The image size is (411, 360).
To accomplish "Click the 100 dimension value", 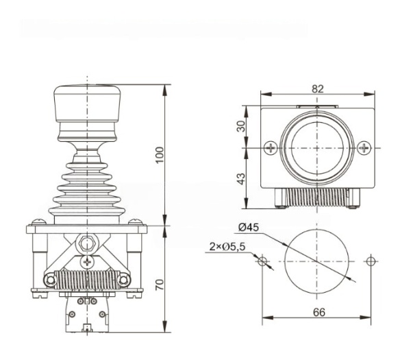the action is click(x=160, y=155).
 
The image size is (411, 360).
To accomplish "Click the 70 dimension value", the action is click(x=160, y=285).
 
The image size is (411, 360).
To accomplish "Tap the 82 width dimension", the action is click(x=318, y=89).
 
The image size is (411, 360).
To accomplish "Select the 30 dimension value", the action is click(x=241, y=126).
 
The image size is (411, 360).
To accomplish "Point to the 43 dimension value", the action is click(x=241, y=179).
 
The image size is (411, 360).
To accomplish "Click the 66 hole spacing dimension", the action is click(x=319, y=312).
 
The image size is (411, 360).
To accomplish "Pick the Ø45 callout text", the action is click(x=249, y=227).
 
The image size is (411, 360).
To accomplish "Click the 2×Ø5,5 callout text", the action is click(x=227, y=247).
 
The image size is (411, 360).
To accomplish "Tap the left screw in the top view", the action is click(x=271, y=148).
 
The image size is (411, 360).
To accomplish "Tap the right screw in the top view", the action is click(x=364, y=148).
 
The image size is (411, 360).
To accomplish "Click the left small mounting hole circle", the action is click(x=262, y=261).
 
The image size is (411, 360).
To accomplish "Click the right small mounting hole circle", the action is click(x=371, y=261).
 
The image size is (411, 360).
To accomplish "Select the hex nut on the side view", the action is click(x=87, y=243).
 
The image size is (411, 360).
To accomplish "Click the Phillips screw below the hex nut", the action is click(x=87, y=262).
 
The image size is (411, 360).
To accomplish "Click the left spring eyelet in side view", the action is click(x=50, y=280).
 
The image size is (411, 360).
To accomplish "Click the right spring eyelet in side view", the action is click(x=123, y=280).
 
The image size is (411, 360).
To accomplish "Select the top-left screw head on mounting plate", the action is click(x=39, y=222).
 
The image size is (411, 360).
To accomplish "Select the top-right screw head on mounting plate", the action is click(x=136, y=222).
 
